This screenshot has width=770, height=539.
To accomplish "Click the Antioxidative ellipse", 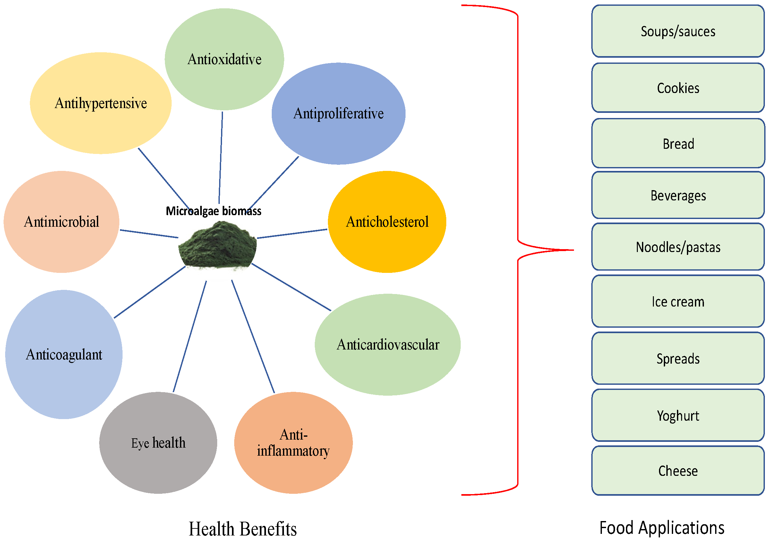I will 224,59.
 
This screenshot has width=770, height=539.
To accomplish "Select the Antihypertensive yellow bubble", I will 101,103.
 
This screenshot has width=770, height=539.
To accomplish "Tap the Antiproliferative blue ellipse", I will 338,113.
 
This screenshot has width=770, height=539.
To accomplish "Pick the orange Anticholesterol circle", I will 387,222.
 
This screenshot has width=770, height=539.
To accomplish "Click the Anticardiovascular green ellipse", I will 387,344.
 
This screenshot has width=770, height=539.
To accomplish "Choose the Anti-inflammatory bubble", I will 293,442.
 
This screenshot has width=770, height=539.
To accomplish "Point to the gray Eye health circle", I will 158,442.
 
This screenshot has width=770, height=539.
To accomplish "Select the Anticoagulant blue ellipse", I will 64,354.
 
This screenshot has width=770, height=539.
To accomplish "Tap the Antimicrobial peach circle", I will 61,222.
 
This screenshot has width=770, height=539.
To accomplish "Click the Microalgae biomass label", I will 213,211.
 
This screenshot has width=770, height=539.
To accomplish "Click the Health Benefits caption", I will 243,529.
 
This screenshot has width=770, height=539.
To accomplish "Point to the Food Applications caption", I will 661,527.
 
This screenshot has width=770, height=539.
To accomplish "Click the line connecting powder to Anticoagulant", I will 150,292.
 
